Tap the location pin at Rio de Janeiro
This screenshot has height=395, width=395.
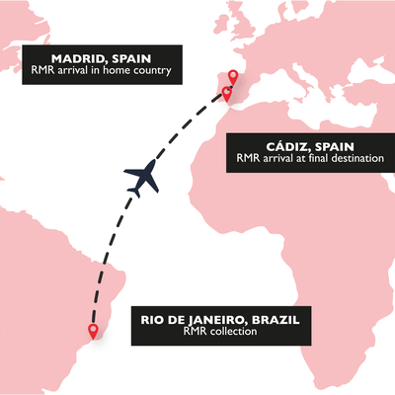[93, 332]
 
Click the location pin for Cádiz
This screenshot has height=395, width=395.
[227, 93]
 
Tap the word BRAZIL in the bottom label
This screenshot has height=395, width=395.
[267, 319]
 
